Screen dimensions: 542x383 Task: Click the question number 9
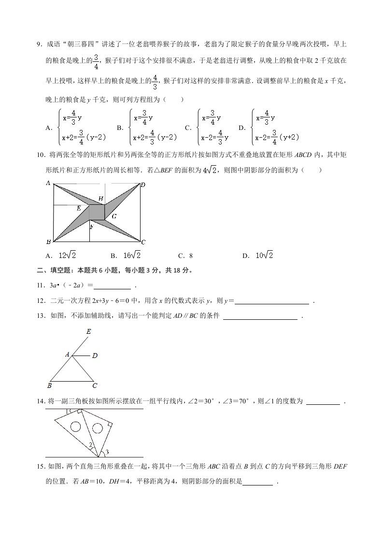[x=39, y=44]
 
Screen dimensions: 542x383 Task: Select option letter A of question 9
[x=48, y=128]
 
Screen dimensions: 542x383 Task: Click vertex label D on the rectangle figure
[x=143, y=185]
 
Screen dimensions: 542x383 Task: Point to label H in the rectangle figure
[x=100, y=199]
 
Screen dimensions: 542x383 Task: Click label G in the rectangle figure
[x=113, y=216]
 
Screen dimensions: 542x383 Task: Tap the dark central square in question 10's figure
[x=97, y=212]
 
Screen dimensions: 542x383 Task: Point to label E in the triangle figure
[x=88, y=332]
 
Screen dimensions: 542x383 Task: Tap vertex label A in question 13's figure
[x=68, y=355]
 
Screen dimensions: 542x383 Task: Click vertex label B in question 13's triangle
[x=49, y=385]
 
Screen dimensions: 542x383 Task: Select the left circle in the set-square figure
[x=75, y=427]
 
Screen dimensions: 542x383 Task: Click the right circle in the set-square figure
[x=97, y=428]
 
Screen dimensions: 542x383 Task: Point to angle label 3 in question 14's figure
[x=107, y=452]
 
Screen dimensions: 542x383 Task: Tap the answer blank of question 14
[x=323, y=401]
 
